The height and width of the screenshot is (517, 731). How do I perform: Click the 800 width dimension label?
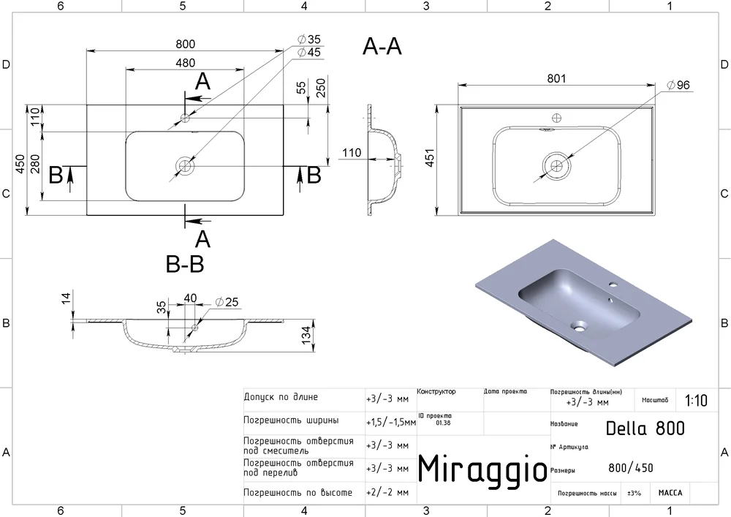coord(185,45)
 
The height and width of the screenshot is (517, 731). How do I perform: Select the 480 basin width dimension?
coord(185,63)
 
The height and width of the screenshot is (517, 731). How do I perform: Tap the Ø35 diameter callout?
coord(309,39)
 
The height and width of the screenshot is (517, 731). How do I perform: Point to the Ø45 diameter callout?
coord(309,52)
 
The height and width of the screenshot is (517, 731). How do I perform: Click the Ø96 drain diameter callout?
coord(678,85)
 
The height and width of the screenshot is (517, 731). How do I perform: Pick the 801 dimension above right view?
coord(556,78)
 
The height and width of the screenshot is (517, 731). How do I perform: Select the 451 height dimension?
coord(429,157)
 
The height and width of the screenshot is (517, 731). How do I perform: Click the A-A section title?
coord(382,47)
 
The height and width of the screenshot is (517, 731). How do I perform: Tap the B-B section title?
coord(185,264)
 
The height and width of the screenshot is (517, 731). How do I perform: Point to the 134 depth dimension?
coord(306,335)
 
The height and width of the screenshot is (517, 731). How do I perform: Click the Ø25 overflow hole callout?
coord(227,302)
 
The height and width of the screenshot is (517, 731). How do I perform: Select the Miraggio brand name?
coord(482,469)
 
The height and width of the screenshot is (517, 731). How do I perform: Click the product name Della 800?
coord(645,428)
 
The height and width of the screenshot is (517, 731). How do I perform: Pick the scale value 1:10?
coord(696,401)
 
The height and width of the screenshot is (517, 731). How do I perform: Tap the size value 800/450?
coord(631,467)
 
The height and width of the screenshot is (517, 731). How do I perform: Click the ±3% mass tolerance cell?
coord(634,493)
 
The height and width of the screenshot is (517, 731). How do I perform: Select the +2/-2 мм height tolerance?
coord(387,493)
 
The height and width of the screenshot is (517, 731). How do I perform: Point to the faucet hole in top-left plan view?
coord(185,118)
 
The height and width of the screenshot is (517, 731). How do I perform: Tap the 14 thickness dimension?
coord(67,298)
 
